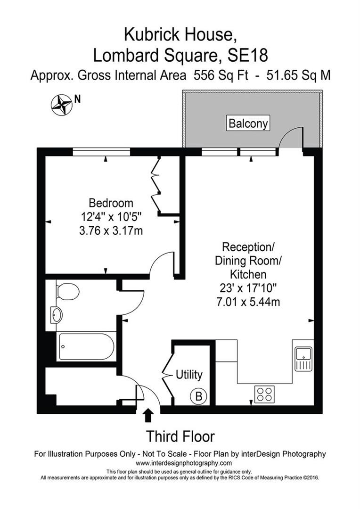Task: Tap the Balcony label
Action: coord(248,123)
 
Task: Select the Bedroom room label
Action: coord(111,203)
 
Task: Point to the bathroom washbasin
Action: coord(57,315)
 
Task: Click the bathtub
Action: coord(85,347)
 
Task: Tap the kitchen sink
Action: coord(303,359)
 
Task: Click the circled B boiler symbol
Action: coord(198,397)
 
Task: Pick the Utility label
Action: coord(189,375)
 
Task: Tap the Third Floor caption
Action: coord(180,436)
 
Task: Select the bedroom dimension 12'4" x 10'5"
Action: coord(111,217)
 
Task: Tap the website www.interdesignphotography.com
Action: coord(180,463)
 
